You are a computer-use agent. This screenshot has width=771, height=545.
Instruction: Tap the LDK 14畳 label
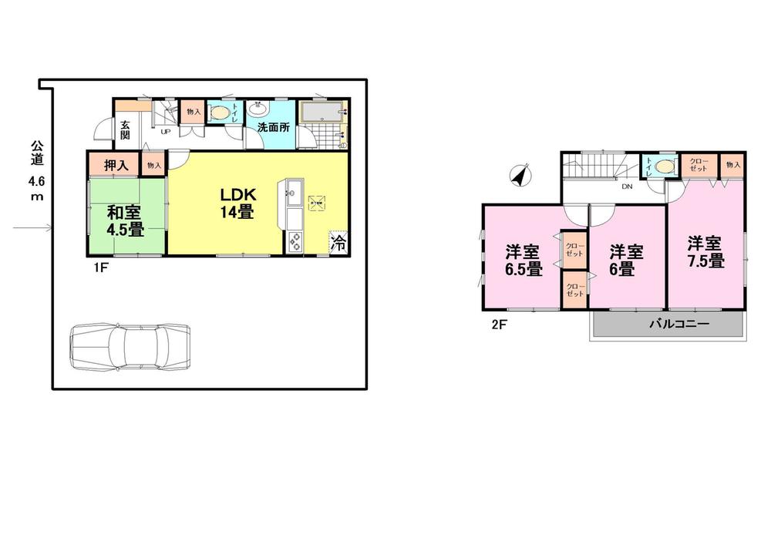(235, 201)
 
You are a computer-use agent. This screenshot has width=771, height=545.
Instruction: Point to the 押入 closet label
(113, 164)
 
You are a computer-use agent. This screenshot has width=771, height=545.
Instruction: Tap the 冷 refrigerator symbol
(338, 244)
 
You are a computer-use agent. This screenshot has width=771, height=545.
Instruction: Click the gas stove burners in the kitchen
(296, 243)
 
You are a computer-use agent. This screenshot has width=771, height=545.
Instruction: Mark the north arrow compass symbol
(521, 177)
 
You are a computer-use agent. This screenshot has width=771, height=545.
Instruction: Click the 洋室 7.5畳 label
(705, 252)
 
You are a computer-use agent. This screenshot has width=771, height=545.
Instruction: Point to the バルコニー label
(678, 325)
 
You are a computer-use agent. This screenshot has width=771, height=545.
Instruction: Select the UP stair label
(165, 131)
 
